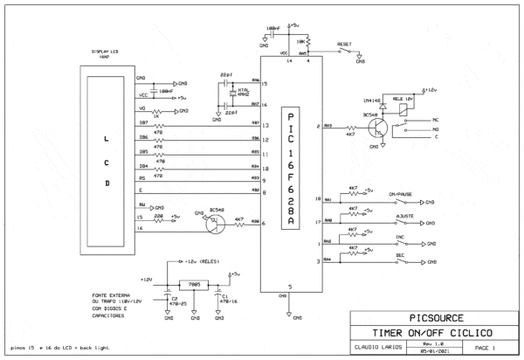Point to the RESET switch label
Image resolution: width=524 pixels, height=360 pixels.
click(345, 41)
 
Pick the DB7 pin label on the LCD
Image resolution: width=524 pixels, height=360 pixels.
click(121, 124)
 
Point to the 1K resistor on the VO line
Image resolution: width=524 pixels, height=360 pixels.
click(158, 112)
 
